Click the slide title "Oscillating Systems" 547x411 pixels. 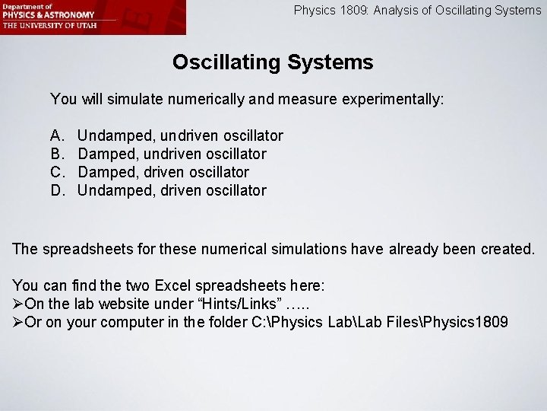pyautogui.click(x=273, y=62)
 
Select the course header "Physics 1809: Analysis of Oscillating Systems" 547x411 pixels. pyautogui.click(x=417, y=11)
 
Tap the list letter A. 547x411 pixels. pyautogui.click(x=56, y=135)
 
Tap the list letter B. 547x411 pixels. pyautogui.click(x=56, y=154)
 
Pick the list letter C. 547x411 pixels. pyautogui.click(x=57, y=172)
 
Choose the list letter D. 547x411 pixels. pyautogui.click(x=57, y=190)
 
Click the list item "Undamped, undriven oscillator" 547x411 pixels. pyautogui.click(x=181, y=135)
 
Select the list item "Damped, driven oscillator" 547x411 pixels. pyautogui.click(x=163, y=172)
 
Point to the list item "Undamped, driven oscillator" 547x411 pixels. pyautogui.click(x=172, y=190)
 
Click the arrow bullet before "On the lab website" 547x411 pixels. pyautogui.click(x=18, y=304)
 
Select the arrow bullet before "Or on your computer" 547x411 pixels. pyautogui.click(x=18, y=322)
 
